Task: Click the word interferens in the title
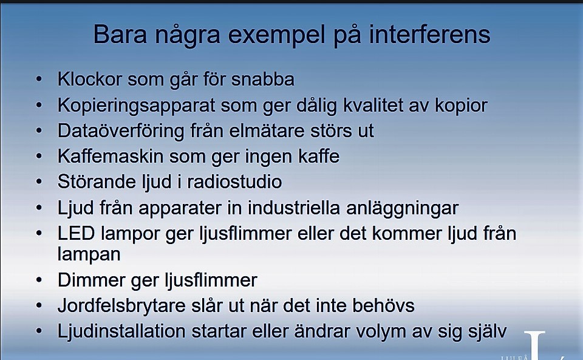click(429, 34)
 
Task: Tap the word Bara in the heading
click(120, 34)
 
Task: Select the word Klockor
click(90, 79)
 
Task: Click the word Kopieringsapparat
click(136, 106)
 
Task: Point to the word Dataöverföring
click(121, 131)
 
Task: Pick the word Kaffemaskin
click(111, 156)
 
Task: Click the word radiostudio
click(234, 182)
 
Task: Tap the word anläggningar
click(402, 208)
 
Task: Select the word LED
click(77, 234)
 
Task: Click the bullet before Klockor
click(39, 79)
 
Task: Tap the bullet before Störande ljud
click(39, 182)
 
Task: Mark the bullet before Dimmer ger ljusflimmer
click(39, 280)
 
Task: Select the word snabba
click(263, 79)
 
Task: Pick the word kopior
click(461, 106)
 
